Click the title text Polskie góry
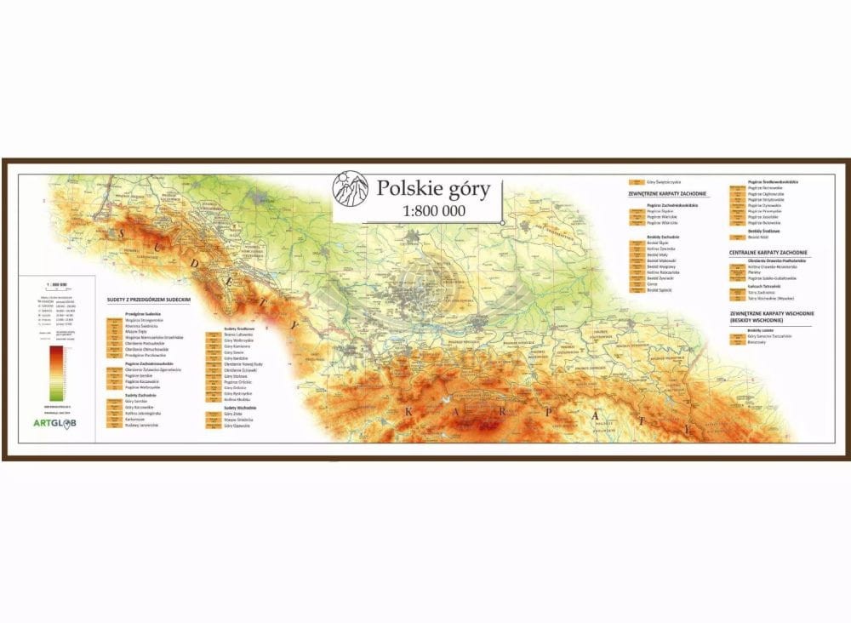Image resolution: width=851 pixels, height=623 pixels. [433, 189]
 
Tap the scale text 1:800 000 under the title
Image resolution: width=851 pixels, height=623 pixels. [433, 211]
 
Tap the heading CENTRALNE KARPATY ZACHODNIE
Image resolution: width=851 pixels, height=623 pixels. [769, 253]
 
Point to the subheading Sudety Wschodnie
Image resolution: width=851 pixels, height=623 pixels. [242, 408]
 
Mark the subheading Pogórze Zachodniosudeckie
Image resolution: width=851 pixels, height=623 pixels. [149, 363]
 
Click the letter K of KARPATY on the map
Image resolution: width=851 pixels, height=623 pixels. [408, 412]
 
